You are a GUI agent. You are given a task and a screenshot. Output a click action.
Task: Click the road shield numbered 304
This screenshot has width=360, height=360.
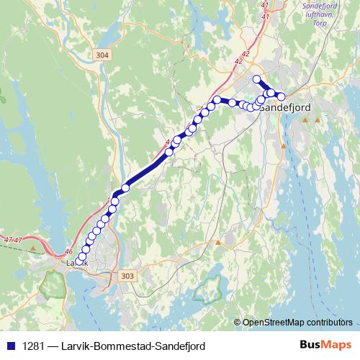[x=102, y=54]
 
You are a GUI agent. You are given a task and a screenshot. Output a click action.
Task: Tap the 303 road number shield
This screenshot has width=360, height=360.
[x=128, y=276]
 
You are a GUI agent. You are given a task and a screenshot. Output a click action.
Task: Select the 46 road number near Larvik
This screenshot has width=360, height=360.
[x=69, y=251]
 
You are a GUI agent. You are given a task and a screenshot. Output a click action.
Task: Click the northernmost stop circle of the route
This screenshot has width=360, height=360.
[x=256, y=78]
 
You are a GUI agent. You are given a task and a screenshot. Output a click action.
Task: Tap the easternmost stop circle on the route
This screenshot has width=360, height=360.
[x=282, y=96]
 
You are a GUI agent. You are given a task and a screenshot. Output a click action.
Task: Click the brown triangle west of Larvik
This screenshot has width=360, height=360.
[x=34, y=249]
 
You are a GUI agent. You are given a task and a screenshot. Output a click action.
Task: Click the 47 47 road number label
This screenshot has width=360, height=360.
[x=13, y=238]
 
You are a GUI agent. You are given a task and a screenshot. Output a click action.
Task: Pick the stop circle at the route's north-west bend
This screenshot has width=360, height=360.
[x=217, y=99]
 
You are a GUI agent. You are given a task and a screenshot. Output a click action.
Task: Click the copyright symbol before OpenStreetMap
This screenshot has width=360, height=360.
[x=238, y=323]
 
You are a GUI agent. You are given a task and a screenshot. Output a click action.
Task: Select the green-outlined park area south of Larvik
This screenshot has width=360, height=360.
[x=52, y=285]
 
